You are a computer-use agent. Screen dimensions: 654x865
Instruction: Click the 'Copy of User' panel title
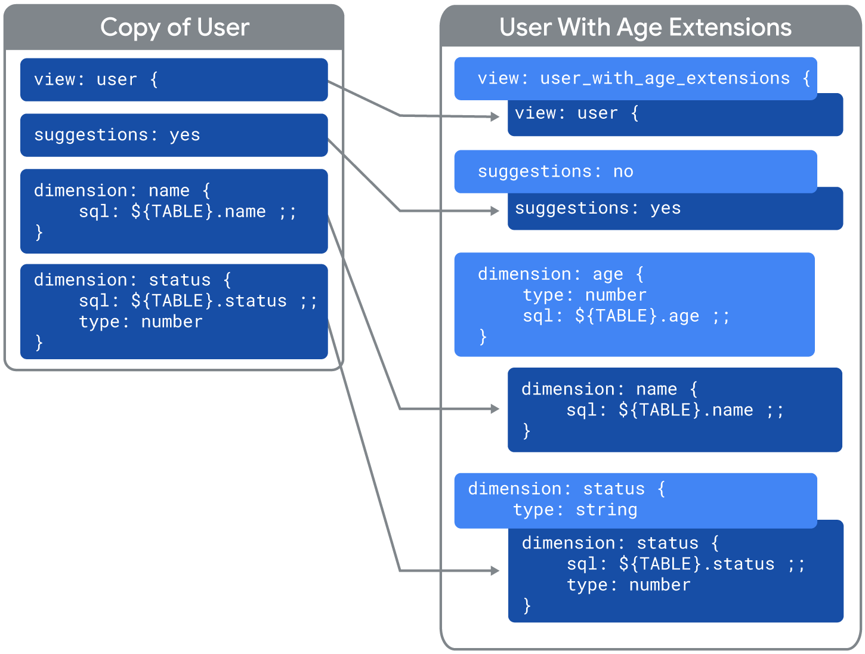pos(174,27)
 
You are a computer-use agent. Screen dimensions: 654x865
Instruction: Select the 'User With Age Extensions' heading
pos(645,27)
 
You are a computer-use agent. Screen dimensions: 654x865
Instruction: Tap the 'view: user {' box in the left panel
pos(174,79)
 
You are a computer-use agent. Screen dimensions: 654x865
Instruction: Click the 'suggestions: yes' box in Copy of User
pos(174,135)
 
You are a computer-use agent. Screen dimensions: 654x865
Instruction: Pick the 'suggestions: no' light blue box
pos(635,172)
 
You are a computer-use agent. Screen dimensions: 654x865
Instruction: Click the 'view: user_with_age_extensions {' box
pos(635,78)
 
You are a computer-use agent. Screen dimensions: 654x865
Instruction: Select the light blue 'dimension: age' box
pos(634,305)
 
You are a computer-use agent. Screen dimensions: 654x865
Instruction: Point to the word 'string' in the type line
pos(606,510)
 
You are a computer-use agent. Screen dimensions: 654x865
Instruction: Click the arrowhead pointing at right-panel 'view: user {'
pos(495,116)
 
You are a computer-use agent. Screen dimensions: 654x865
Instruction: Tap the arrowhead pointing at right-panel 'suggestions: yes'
pos(495,211)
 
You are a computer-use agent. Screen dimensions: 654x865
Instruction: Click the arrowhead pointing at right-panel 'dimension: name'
pos(495,409)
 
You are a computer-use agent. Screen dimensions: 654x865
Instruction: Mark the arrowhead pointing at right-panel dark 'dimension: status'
pos(495,570)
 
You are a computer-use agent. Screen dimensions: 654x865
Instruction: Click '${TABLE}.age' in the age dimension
pos(637,316)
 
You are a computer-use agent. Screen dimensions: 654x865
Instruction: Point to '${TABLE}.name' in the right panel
pos(685,411)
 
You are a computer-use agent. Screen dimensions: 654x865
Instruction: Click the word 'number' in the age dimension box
pos(616,295)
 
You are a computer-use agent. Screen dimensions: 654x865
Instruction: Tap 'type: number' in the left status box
pos(141,322)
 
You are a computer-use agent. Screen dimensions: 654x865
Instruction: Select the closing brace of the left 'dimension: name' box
pos(39,232)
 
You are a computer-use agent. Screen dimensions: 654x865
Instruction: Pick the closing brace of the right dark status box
pos(527,606)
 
